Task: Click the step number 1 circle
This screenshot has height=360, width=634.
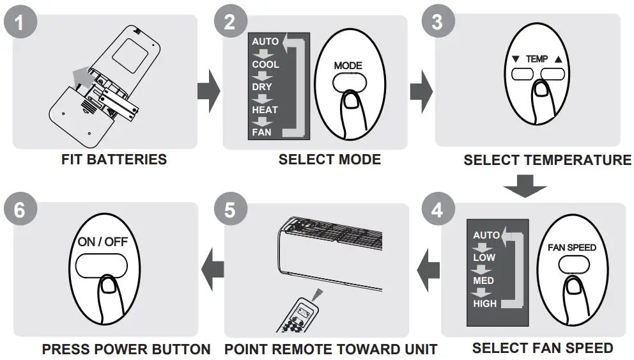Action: pyautogui.click(x=20, y=24)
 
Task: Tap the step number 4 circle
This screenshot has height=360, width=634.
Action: pyautogui.click(x=437, y=210)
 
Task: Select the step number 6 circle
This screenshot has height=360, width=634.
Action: pyautogui.click(x=20, y=210)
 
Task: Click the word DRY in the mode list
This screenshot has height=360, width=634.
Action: pyautogui.click(x=261, y=87)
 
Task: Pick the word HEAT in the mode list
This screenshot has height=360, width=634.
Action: pyautogui.click(x=265, y=110)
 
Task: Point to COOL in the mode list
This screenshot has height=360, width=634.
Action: pyautogui.click(x=265, y=65)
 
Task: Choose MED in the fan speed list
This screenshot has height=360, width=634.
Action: pyautogui.click(x=483, y=281)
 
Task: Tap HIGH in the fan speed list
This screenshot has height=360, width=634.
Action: pyautogui.click(x=484, y=304)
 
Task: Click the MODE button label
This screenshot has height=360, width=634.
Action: pyautogui.click(x=348, y=65)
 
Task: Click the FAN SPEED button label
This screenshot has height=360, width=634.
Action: pyautogui.click(x=572, y=247)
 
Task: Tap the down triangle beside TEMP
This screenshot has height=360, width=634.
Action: pyautogui.click(x=516, y=59)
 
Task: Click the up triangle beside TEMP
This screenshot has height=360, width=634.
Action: pyautogui.click(x=559, y=59)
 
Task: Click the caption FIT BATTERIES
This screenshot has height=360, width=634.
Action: pyautogui.click(x=114, y=160)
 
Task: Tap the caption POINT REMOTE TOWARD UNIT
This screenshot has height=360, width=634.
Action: pyautogui.click(x=330, y=349)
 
